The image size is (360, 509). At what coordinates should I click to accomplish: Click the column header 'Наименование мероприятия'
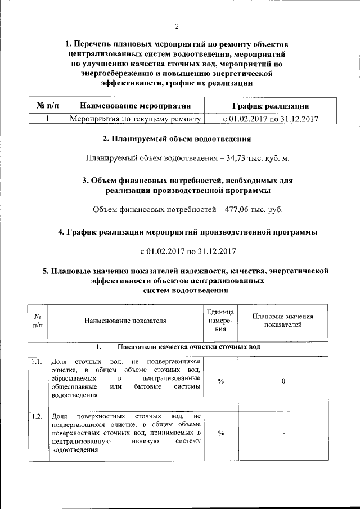tap(135, 105)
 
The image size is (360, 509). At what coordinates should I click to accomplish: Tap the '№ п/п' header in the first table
tap(47, 105)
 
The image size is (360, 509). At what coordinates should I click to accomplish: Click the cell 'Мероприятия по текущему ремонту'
tap(135, 119)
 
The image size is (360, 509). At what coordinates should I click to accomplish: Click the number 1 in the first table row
tap(47, 119)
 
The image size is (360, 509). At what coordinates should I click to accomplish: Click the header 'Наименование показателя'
tap(125, 321)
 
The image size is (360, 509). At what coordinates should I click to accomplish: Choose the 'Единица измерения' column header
tap(220, 321)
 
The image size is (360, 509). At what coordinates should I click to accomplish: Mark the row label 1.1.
tap(38, 362)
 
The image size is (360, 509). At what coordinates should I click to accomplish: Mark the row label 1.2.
tap(38, 417)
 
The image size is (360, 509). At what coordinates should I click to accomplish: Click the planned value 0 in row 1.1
tap(283, 381)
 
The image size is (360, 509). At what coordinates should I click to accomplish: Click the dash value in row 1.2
tap(285, 434)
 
